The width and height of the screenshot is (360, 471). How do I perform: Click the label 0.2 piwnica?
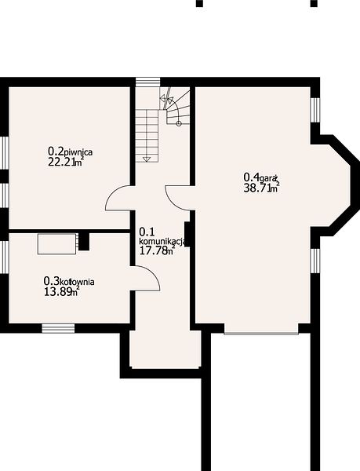click(x=71, y=152)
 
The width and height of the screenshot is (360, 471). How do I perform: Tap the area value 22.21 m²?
click(x=66, y=162)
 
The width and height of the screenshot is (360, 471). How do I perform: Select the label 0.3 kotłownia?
click(x=69, y=282)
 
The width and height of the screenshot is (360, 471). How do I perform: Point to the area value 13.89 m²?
click(x=62, y=291)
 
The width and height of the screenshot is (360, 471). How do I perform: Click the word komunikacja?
click(x=164, y=241)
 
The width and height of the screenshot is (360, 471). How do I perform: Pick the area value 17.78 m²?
click(x=157, y=250)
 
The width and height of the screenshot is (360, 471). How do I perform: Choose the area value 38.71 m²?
click(x=262, y=188)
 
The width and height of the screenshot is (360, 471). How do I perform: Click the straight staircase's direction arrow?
click(x=147, y=159)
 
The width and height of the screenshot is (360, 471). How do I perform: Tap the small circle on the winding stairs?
click(x=179, y=123)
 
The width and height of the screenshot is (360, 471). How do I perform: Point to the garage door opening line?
click(x=261, y=334)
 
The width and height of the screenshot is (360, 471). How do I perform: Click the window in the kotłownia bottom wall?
click(x=58, y=328)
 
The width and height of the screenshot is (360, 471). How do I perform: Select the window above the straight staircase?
click(x=148, y=82)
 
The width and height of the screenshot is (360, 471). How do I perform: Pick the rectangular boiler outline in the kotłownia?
click(x=56, y=243)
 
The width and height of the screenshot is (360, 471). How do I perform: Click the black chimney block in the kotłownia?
click(x=84, y=242)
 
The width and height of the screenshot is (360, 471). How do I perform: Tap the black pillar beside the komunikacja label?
click(x=187, y=234)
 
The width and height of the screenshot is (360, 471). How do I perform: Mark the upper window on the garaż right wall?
click(x=315, y=110)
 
